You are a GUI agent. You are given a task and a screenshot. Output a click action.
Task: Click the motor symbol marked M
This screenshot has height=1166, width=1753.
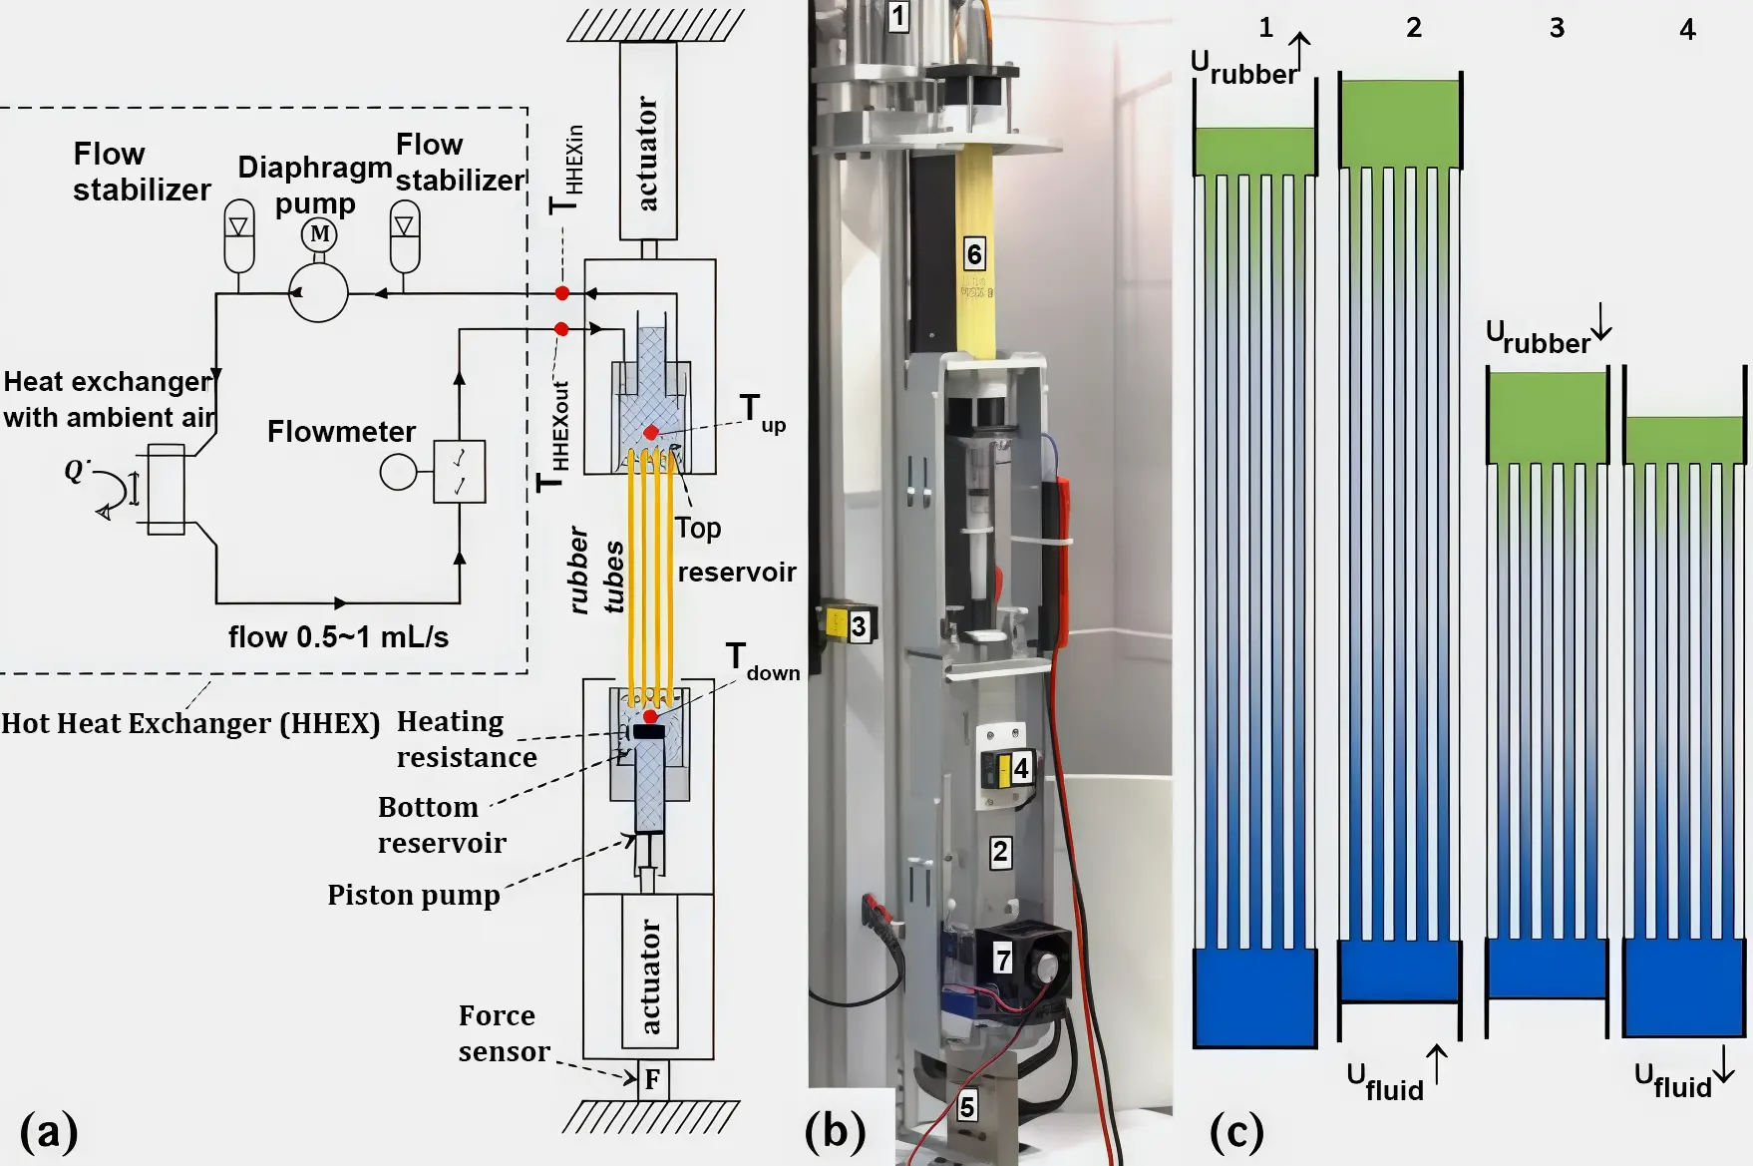click(319, 234)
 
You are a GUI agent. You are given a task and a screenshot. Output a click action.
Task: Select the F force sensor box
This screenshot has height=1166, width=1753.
click(652, 1079)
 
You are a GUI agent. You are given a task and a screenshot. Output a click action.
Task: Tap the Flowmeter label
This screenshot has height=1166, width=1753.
click(341, 431)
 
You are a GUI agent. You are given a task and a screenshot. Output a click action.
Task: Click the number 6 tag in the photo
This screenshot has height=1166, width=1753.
click(974, 254)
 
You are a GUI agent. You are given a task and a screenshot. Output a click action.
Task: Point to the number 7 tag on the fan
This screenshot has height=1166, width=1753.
click(1003, 960)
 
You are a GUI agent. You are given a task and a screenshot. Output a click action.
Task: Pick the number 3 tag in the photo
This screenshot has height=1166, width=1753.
click(859, 625)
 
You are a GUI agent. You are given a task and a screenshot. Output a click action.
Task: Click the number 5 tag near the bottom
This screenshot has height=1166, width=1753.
click(966, 1106)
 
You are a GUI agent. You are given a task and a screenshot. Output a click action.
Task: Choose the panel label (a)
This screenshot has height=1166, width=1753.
click(48, 1132)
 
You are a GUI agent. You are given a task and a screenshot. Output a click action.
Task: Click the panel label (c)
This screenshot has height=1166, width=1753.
click(1236, 1132)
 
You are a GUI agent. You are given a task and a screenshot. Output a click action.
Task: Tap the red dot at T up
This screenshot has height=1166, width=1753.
click(650, 432)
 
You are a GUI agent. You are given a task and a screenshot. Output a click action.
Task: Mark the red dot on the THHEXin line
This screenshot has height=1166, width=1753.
click(562, 293)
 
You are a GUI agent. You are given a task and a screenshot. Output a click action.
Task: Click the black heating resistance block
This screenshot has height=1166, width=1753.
click(649, 732)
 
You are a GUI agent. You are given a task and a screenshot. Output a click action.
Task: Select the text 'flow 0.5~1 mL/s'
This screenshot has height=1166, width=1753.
click(338, 636)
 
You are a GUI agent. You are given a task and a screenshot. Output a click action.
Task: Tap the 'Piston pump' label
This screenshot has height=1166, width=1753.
click(414, 895)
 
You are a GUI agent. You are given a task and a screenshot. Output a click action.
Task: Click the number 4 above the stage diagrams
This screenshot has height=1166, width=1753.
click(1687, 30)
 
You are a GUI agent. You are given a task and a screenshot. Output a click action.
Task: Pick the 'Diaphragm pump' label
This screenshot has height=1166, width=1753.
click(315, 185)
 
